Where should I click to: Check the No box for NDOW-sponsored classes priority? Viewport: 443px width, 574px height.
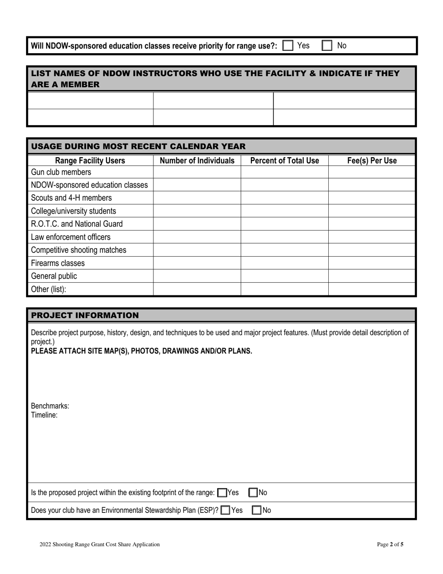[x=327, y=46]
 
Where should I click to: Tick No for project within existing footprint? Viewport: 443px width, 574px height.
[x=253, y=493]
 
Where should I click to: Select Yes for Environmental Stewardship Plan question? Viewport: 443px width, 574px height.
[x=226, y=511]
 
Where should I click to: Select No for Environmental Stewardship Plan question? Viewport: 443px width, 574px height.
[x=257, y=511]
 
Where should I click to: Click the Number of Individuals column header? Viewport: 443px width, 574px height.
[x=197, y=161]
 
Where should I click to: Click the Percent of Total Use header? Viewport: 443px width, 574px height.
[x=284, y=161]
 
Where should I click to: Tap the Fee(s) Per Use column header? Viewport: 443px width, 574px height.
[x=372, y=161]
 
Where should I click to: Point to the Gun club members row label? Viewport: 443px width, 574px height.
[x=61, y=172]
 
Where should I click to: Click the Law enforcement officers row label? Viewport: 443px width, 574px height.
[x=71, y=237]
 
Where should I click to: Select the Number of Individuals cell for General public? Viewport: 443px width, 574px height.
[x=197, y=276]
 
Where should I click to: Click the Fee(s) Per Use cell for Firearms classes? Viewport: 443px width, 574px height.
[x=372, y=263]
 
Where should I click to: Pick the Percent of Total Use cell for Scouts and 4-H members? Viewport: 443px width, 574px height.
[x=284, y=198]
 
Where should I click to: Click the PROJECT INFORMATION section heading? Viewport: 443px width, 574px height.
[x=85, y=315]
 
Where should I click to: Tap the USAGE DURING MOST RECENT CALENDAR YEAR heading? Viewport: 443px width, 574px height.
[x=138, y=147]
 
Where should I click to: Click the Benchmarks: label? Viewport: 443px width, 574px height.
[x=50, y=406]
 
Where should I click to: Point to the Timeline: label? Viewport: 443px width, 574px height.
[x=44, y=415]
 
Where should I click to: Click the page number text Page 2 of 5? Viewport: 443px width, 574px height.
[x=390, y=544]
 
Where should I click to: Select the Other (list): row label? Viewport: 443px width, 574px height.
[x=48, y=289]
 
